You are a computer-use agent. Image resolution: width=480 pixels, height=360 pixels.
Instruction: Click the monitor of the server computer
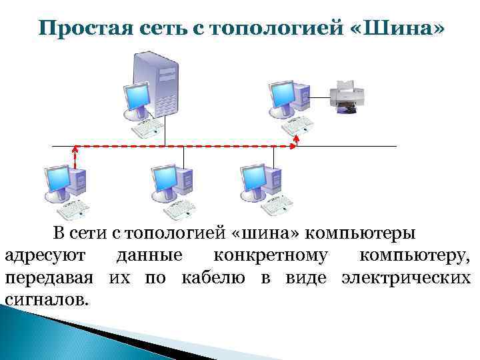coord(137,98)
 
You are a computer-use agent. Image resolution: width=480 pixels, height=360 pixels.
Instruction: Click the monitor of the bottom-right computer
coord(254,179)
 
